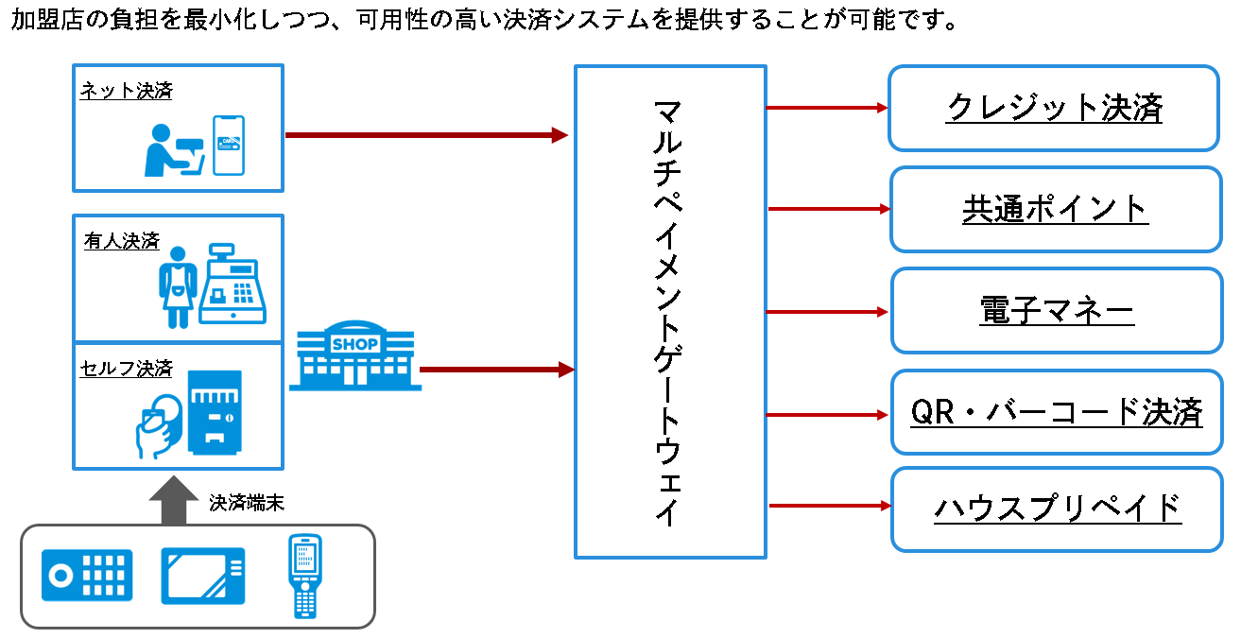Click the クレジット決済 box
(1053, 108)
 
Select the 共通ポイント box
(1055, 209)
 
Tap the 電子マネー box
(1056, 311)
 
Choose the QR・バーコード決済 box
(1056, 412)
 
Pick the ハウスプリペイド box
(1057, 508)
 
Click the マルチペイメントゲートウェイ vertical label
(668, 312)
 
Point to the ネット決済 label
(126, 91)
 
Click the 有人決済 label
(121, 241)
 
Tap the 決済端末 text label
(247, 503)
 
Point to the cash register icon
(233, 284)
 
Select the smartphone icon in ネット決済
(229, 145)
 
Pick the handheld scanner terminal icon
(304, 577)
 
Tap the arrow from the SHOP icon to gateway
(497, 370)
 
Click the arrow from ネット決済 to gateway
(425, 135)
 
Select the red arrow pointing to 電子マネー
(828, 312)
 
